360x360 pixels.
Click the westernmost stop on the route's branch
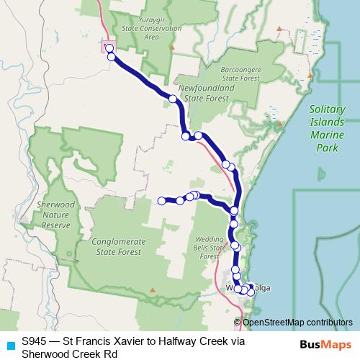(x=162, y=201)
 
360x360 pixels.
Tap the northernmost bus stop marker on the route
(x=109, y=48)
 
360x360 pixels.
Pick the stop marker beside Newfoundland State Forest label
(x=174, y=99)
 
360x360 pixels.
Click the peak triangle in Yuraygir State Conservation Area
(x=171, y=48)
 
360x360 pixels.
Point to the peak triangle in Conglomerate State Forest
(x=152, y=291)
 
